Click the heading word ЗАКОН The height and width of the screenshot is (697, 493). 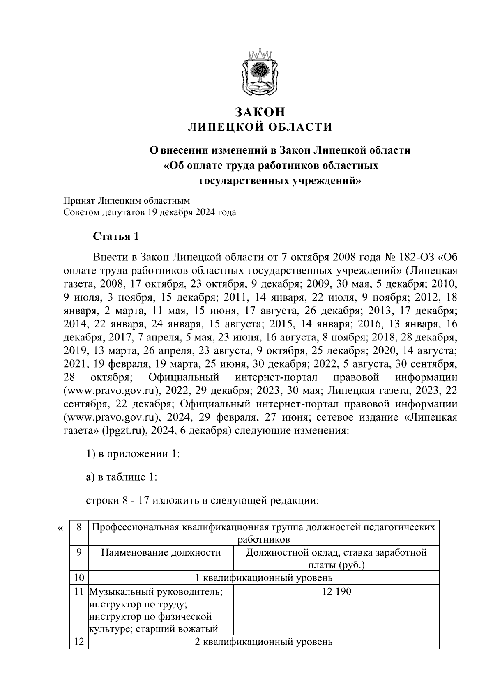259,112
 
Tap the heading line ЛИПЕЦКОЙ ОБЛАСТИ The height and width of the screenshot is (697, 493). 259,127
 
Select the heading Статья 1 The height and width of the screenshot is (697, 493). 116,237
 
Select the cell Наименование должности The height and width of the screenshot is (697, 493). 161,552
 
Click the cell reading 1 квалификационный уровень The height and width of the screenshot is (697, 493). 263,578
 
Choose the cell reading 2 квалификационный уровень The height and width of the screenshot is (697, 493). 263,642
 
